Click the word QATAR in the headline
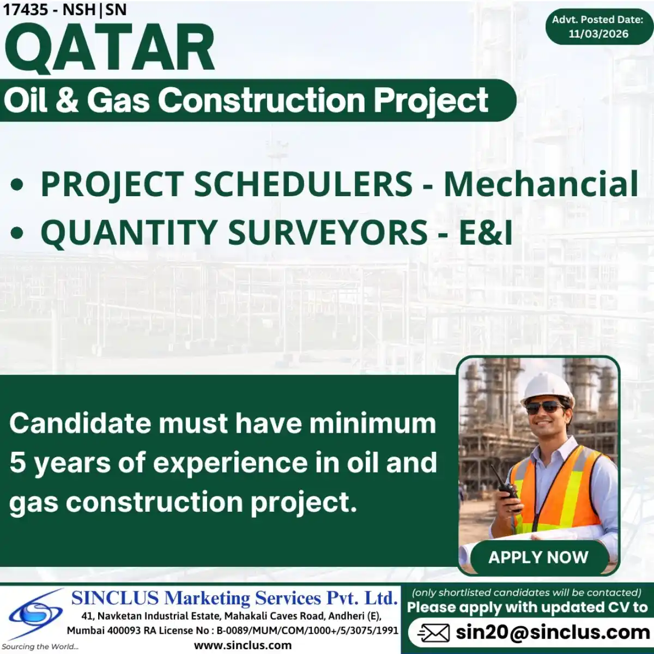pos(109,49)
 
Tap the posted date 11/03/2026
pos(598,34)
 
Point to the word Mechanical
pos(541,184)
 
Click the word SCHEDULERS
pos(303,184)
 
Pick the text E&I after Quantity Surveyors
pos(486,232)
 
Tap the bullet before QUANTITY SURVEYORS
pos(17,233)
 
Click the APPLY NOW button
pos(538,557)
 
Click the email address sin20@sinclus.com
pos(552,632)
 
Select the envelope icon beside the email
pos(433,633)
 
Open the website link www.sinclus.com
pos(243,645)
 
